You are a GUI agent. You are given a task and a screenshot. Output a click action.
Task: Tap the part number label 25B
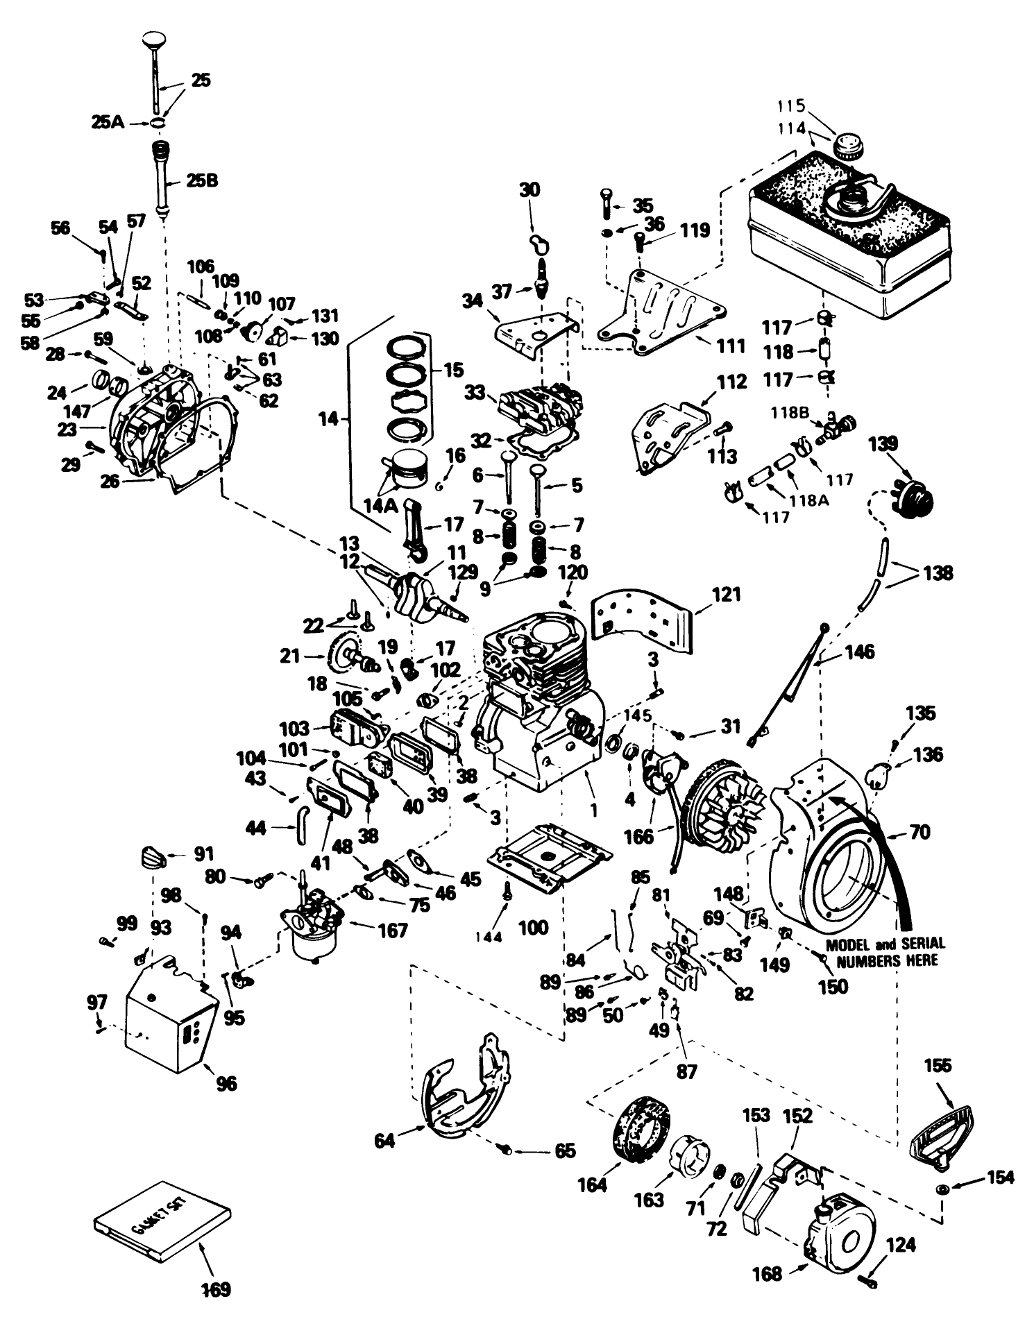[x=203, y=180]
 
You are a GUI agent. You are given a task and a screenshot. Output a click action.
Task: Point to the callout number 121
[x=726, y=595]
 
